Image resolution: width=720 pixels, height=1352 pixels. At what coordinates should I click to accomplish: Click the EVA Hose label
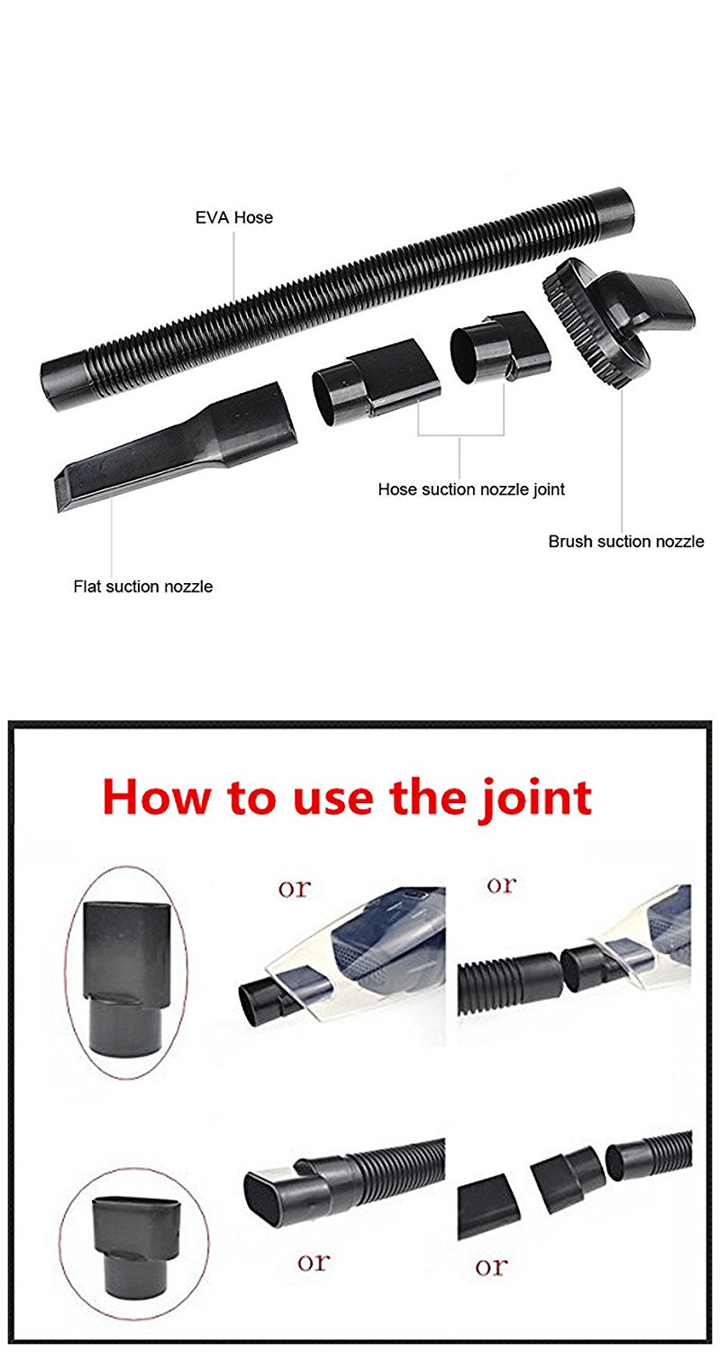234,217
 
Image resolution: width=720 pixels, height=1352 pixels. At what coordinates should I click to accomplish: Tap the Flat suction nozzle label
143,586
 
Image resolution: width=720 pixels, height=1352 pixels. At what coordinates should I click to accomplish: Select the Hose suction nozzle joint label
471,489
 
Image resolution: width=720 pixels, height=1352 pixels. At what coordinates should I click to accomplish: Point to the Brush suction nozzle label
626,542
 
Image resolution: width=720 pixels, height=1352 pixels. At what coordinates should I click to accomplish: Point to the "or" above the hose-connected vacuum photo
502,885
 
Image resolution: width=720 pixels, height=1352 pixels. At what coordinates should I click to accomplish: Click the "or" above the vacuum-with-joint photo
295,889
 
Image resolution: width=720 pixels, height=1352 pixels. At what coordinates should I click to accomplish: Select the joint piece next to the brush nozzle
500,346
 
